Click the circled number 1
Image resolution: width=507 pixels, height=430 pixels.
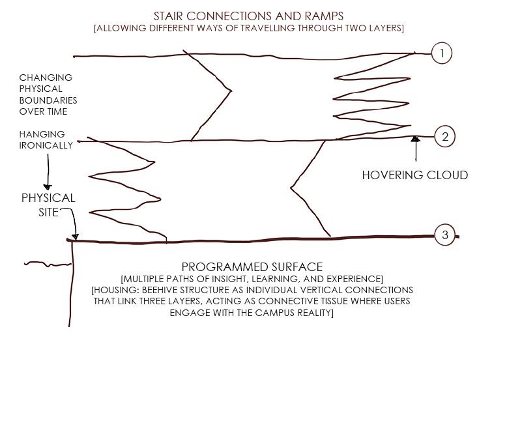click(442, 53)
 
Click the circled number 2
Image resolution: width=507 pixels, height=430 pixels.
click(445, 137)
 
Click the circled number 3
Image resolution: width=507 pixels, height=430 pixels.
click(445, 235)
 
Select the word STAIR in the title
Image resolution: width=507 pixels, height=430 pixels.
click(168, 16)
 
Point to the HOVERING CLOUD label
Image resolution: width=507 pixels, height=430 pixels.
click(414, 175)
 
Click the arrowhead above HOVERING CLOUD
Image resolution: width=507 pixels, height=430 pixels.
click(416, 139)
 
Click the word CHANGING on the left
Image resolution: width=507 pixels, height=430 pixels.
click(46, 78)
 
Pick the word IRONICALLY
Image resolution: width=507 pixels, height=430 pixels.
click(46, 145)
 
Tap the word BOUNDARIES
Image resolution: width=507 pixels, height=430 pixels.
click(48, 100)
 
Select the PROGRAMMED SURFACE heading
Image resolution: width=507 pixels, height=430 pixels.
click(252, 267)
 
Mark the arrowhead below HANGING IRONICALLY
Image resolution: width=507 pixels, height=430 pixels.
click(48, 187)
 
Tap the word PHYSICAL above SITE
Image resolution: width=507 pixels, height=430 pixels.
click(48, 198)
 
